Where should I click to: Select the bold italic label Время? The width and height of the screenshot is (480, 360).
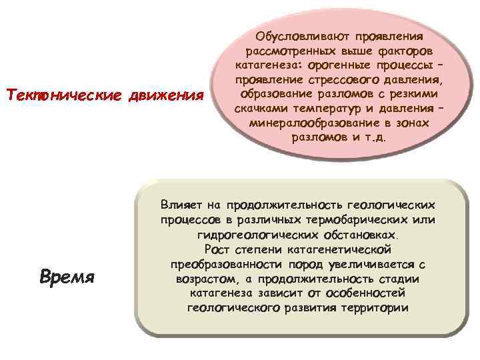tap(67, 277)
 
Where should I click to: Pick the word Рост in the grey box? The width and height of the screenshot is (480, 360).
tap(219, 250)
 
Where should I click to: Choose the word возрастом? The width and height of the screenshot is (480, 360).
tap(203, 279)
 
